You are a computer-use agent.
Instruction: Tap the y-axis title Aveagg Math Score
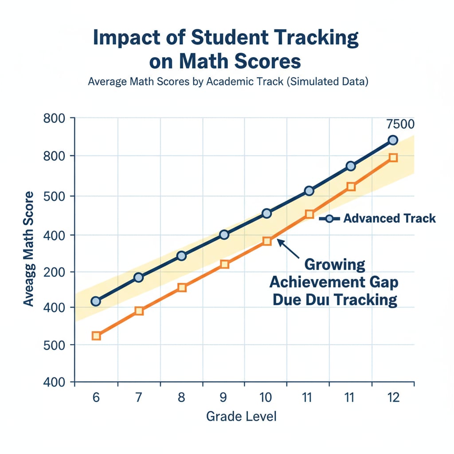[x=28, y=249]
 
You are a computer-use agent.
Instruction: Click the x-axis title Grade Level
[x=241, y=416]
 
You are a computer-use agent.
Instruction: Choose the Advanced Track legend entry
[x=381, y=218]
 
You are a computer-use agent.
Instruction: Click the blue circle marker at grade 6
[x=96, y=301]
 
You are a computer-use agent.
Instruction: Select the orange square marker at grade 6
[x=96, y=336]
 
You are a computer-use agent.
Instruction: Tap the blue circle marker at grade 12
[x=393, y=140]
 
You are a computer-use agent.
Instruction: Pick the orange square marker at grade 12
[x=393, y=158]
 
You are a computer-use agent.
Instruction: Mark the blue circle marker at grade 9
[x=224, y=235]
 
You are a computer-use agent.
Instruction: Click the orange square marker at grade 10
[x=266, y=241]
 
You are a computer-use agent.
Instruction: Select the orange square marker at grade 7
[x=139, y=311]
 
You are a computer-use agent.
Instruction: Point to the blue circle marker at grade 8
[x=181, y=256]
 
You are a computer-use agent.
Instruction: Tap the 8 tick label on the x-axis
[x=181, y=397]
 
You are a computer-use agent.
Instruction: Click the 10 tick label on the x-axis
[x=266, y=397]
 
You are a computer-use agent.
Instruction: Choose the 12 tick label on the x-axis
[x=392, y=397]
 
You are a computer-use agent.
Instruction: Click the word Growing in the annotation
[x=335, y=265]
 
